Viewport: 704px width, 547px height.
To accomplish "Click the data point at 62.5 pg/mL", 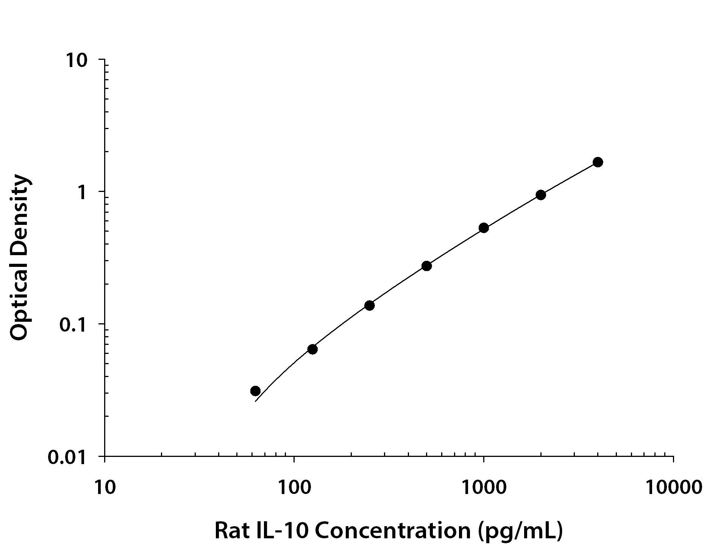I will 255,391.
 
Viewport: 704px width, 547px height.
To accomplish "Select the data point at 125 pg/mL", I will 312,349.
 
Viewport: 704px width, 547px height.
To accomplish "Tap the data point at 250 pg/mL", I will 370,305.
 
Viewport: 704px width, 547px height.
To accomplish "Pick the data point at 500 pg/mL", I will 426,266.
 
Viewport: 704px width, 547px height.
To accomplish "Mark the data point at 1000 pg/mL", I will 484,228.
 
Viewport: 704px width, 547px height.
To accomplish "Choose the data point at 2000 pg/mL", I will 541,195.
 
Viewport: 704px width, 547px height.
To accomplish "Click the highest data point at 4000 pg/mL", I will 598,162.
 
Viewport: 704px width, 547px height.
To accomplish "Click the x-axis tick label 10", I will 104,488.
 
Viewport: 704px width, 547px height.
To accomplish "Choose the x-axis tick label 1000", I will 484,488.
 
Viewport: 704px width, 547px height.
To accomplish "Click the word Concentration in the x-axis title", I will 392,530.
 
